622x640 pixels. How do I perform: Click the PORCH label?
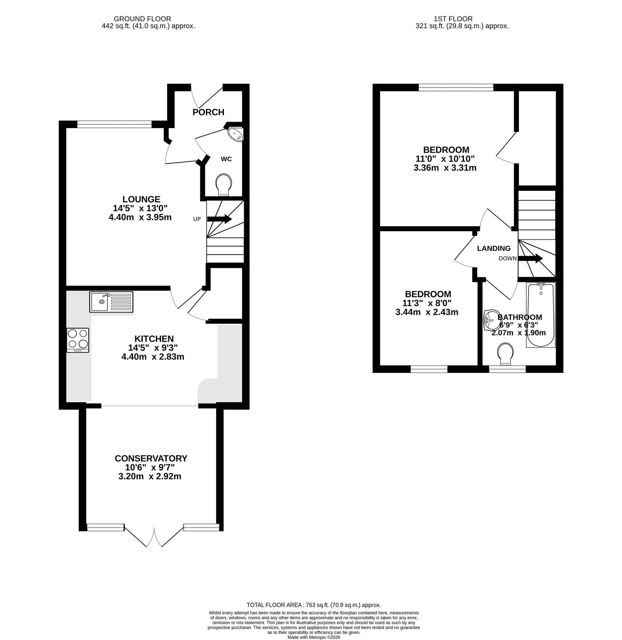click(208, 112)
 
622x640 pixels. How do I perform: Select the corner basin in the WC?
click(235, 134)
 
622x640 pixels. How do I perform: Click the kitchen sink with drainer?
click(111, 302)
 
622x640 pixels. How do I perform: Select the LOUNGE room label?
click(142, 199)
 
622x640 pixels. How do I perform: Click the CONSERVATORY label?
click(151, 458)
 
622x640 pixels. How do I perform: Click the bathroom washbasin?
click(491, 320)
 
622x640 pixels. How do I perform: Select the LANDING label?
click(494, 248)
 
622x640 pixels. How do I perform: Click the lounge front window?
click(114, 124)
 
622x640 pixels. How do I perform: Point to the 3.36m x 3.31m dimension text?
click(445, 168)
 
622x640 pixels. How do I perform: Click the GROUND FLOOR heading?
click(142, 19)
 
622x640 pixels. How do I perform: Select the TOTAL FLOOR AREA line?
click(313, 605)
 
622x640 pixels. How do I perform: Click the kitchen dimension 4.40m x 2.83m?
click(153, 357)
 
